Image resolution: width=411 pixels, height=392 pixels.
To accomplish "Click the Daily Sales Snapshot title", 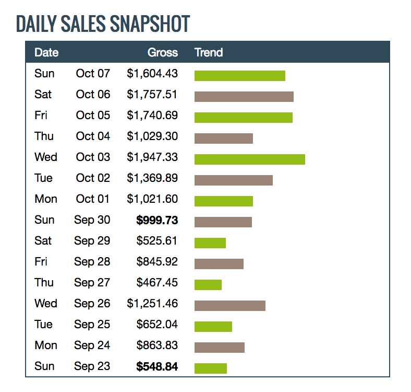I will [103, 24].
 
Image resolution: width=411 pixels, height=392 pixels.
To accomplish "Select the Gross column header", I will [162, 52].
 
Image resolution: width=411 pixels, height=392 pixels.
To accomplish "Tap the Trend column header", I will [209, 52].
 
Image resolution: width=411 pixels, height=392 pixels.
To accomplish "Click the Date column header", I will [46, 52].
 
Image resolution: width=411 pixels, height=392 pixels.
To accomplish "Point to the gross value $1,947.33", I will [152, 157].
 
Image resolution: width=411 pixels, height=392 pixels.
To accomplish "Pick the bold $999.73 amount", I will [157, 220].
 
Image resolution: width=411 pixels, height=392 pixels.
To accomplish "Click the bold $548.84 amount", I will [157, 366].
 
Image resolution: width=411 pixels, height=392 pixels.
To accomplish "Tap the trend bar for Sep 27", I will [208, 284].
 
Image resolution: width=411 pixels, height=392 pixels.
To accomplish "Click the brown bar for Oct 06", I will [244, 96].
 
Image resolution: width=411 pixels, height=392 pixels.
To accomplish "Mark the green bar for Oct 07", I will [239, 75].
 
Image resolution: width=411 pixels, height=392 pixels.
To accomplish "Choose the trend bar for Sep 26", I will [229, 305].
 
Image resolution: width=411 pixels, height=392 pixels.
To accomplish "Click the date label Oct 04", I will [93, 136].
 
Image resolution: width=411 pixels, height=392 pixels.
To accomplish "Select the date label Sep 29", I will [92, 240].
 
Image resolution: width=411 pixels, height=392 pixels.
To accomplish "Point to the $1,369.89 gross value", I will [152, 178].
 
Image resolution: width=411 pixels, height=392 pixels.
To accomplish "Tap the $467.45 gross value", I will [157, 282].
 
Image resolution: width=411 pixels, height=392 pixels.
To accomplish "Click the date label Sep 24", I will [92, 345].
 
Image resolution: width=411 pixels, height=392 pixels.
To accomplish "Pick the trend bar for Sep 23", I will [210, 368].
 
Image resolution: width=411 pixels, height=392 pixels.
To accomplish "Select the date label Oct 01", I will [93, 199].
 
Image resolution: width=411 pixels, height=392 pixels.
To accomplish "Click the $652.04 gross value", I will [157, 324].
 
